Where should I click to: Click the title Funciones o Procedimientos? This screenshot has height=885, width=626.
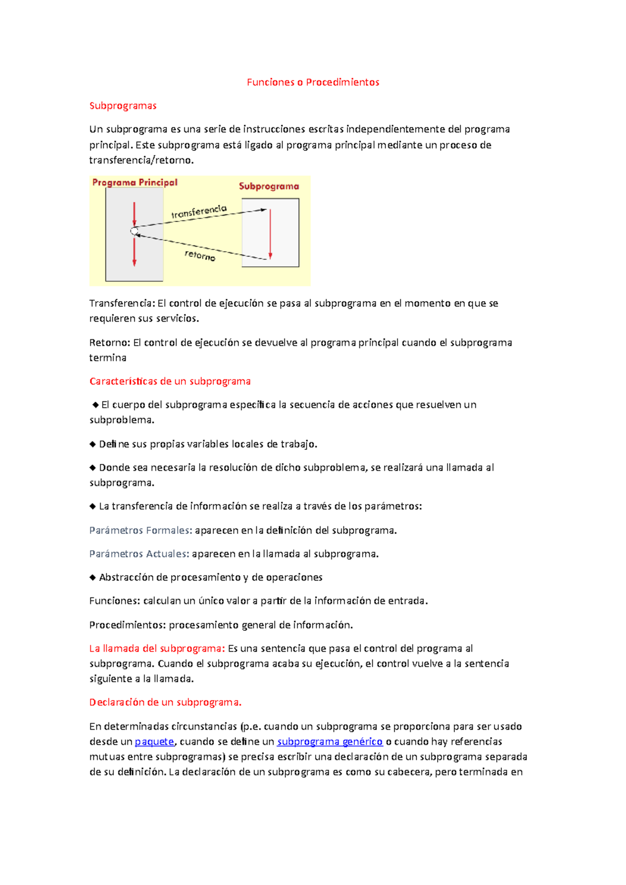tap(312, 82)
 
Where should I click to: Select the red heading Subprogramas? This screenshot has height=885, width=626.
tap(123, 106)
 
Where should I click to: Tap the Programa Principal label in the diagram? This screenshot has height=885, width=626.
tap(135, 182)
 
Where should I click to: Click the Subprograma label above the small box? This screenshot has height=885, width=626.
tap(269, 186)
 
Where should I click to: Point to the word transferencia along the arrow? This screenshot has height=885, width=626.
tap(199, 212)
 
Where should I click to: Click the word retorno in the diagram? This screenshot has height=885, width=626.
tap(200, 255)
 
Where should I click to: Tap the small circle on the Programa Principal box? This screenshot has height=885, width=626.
tap(134, 231)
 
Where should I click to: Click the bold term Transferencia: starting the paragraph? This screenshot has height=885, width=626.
tap(122, 303)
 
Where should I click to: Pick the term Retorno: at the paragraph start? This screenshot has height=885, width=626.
tap(110, 342)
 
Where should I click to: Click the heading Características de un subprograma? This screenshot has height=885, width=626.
tap(170, 381)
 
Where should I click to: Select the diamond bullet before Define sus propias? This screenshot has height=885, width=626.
tap(92, 444)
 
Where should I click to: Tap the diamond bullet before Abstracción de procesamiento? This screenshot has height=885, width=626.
tap(92, 577)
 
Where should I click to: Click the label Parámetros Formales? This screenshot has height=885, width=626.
tap(140, 530)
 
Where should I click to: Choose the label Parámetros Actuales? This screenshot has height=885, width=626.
tap(139, 554)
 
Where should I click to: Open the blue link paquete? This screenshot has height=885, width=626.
tap(154, 741)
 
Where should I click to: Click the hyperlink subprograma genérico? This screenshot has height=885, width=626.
tap(330, 741)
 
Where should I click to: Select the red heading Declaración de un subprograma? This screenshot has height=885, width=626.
tap(165, 702)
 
